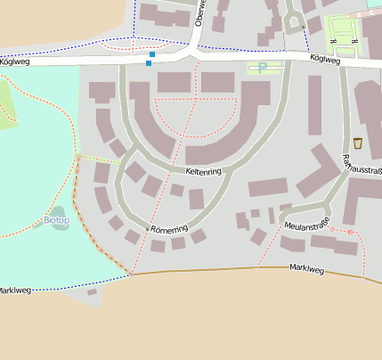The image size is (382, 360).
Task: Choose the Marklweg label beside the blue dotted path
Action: [14, 290]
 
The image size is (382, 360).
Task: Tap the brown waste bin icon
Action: [358, 143]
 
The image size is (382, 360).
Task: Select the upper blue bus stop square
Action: [152, 55]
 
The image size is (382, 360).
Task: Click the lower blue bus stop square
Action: [148, 63]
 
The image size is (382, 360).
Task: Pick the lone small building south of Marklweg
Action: [92, 291]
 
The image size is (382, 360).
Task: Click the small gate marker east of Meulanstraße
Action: [351, 233]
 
